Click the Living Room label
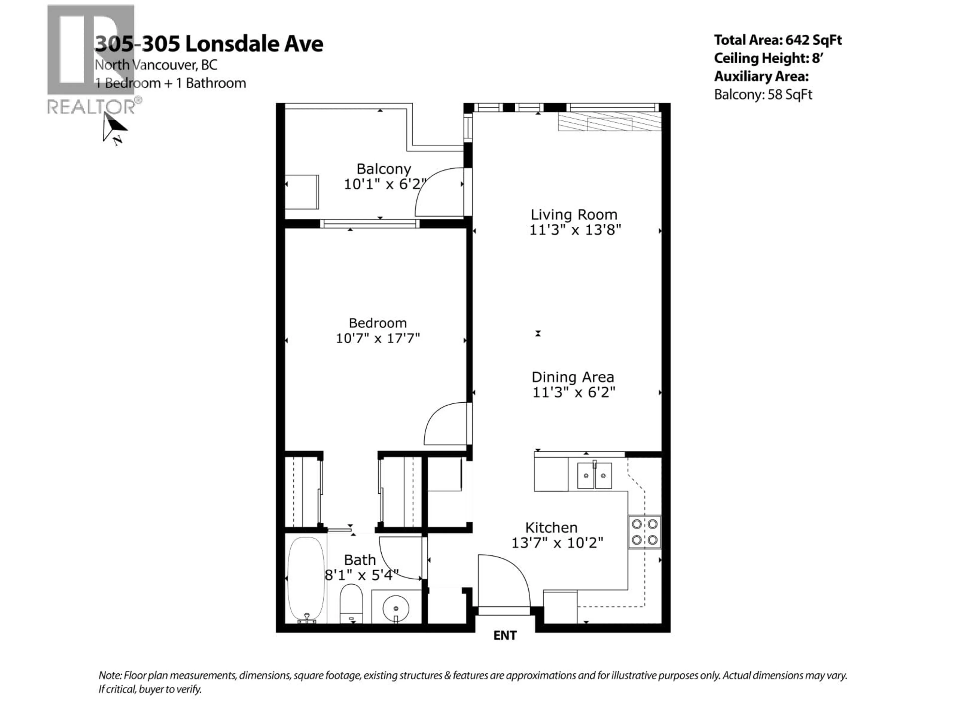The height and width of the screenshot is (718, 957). tap(574, 215)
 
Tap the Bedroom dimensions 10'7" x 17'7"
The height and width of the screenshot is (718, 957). tap(378, 338)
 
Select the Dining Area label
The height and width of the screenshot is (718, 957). tap(573, 377)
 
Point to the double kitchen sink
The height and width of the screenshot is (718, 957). tap(594, 476)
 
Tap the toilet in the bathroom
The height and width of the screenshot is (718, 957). tap(351, 603)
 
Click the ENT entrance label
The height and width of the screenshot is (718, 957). tap(505, 635)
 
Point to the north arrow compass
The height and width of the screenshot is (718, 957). tap(113, 129)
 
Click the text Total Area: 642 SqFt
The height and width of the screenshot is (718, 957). tap(778, 40)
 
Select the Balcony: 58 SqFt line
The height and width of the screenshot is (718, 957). tap(763, 94)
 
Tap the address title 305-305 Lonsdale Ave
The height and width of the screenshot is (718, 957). tap(209, 44)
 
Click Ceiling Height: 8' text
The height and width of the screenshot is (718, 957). tap(768, 58)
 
